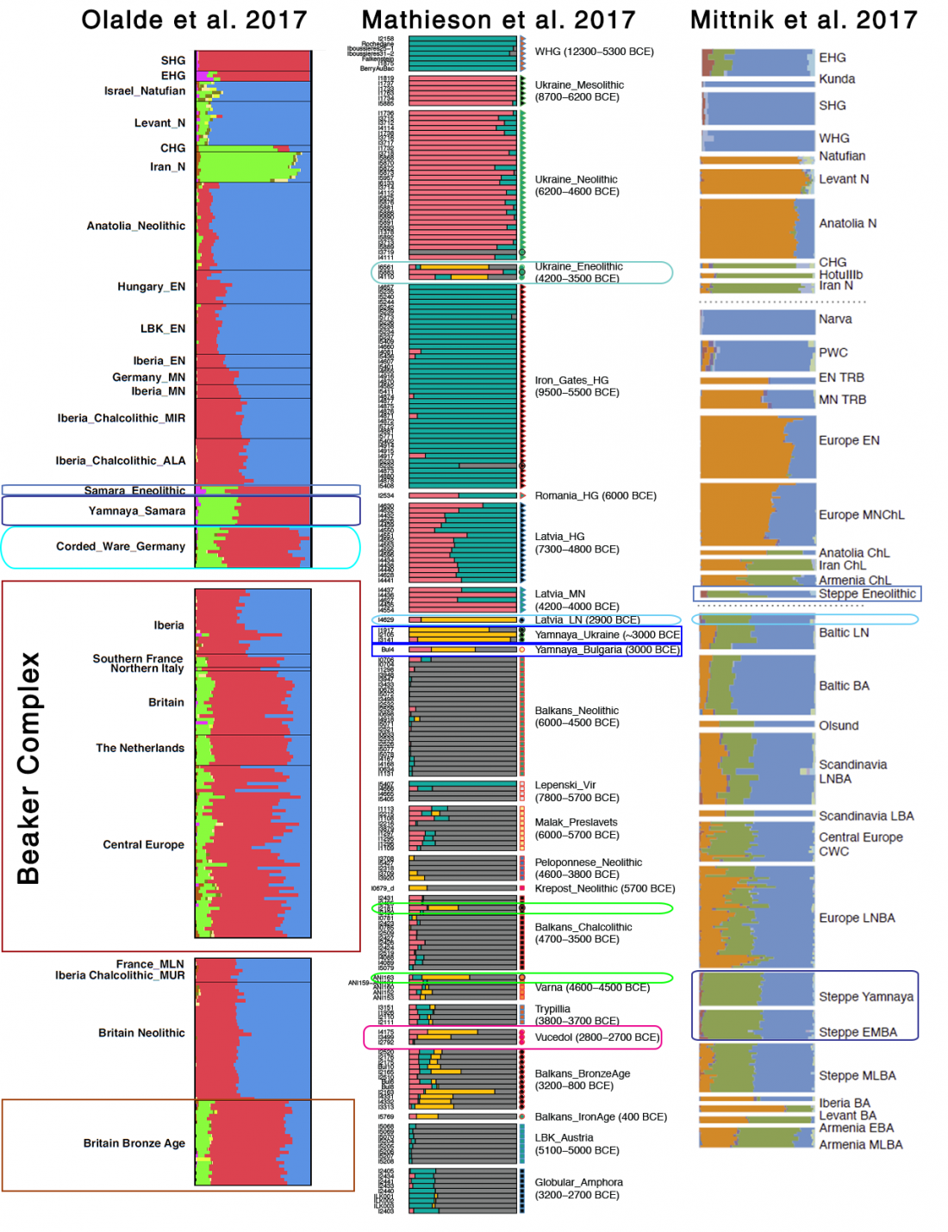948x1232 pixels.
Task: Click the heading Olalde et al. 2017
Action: click(194, 20)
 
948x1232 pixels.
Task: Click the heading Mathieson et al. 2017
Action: click(498, 20)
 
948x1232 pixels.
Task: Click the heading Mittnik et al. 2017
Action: click(803, 20)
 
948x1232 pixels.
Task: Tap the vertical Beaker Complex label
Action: click(28, 768)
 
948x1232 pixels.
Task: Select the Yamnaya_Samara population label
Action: click(136, 511)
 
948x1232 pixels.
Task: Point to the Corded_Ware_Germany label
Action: click(121, 546)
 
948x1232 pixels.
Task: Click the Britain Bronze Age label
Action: click(134, 1143)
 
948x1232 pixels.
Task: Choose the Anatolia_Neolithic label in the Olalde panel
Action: click(135, 226)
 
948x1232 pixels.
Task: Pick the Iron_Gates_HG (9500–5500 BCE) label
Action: click(577, 386)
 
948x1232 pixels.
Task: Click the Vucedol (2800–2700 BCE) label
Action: click(596, 1037)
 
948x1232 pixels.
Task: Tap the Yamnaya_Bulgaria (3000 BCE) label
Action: click(606, 650)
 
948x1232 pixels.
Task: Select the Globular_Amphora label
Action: click(578, 1188)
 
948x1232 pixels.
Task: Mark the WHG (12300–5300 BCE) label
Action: click(594, 52)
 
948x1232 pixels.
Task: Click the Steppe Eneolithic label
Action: click(867, 594)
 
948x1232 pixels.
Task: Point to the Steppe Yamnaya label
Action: click(865, 997)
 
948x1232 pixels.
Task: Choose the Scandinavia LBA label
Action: click(865, 816)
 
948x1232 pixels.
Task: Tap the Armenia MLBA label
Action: click(860, 1145)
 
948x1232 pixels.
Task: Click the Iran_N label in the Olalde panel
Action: click(167, 167)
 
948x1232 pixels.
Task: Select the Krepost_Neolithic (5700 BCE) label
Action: click(604, 888)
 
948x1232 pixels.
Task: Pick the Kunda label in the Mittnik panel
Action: click(836, 79)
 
